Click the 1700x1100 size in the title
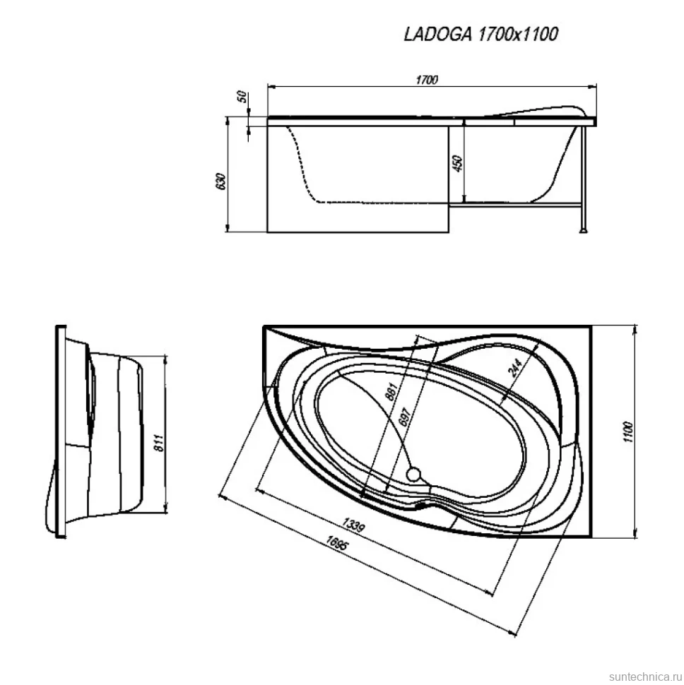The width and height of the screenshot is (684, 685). click(x=518, y=34)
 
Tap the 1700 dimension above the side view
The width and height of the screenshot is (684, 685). click(x=427, y=80)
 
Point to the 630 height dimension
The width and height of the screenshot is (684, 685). click(x=221, y=181)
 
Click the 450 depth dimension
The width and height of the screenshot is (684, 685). click(x=458, y=163)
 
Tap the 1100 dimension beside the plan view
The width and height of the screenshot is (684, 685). click(x=627, y=432)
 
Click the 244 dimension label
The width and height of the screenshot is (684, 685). click(x=516, y=368)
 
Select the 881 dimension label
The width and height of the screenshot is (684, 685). click(x=391, y=391)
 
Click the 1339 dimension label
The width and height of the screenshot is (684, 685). click(x=353, y=525)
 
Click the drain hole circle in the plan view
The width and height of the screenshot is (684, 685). click(x=413, y=474)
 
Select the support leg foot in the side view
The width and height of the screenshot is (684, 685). click(x=583, y=230)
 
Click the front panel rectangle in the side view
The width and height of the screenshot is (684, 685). click(x=358, y=179)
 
